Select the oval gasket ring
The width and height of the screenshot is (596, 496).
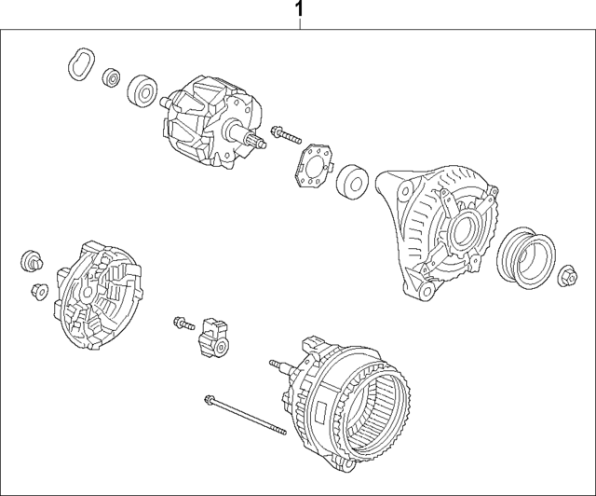pos(78,63)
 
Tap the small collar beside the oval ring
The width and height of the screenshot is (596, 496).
pos(111,76)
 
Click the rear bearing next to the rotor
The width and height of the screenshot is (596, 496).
pos(142,90)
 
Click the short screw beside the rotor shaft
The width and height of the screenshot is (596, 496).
pos(284,136)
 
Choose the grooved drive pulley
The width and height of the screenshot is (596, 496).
pos(526,252)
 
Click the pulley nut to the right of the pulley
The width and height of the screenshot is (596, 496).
pos(568,275)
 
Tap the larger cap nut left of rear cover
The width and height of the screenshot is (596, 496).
pos(30,258)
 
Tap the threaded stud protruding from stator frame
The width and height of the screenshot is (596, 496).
pos(277,365)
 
